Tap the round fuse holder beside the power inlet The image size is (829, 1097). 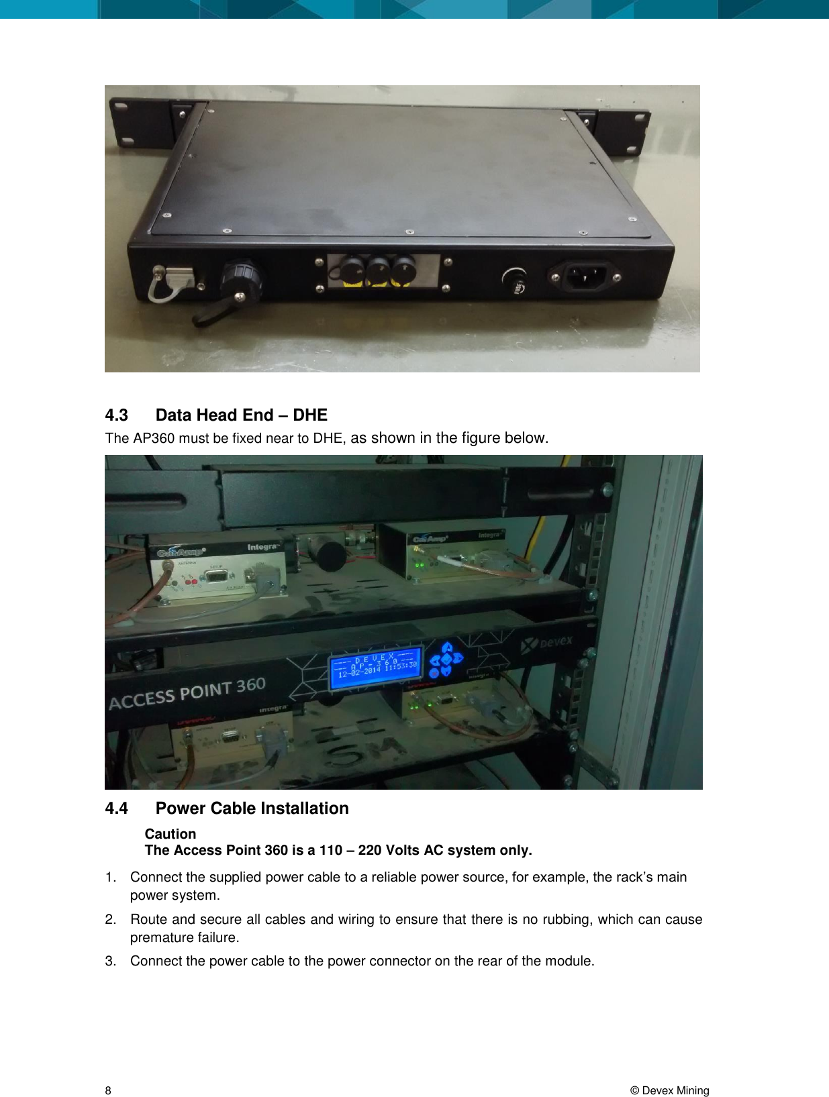(514, 280)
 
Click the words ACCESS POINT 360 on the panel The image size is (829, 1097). (187, 693)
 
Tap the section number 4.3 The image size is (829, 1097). (116, 415)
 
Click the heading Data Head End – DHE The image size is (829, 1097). (241, 415)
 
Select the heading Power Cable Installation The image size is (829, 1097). (252, 808)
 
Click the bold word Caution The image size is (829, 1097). (170, 834)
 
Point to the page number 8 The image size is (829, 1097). (108, 1090)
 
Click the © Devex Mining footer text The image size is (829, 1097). (669, 1090)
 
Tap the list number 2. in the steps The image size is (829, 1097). (111, 919)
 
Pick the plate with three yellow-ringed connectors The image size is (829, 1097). (383, 271)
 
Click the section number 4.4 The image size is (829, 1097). (116, 808)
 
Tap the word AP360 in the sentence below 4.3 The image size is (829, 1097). (154, 439)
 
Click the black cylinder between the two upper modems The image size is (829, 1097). (330, 554)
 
